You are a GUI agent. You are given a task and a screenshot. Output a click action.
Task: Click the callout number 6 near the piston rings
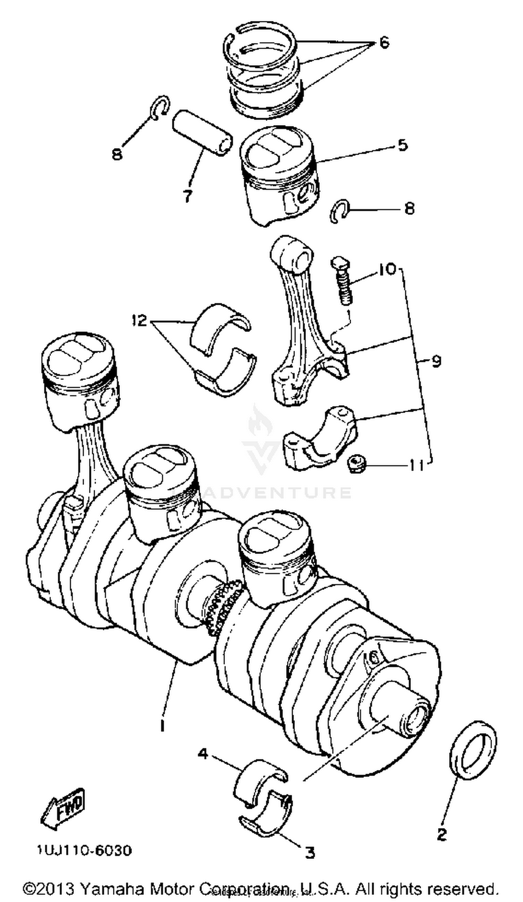coord(384,43)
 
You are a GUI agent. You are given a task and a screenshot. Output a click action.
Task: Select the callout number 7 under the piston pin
coord(187,196)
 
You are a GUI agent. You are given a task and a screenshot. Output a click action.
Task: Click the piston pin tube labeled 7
coord(202,133)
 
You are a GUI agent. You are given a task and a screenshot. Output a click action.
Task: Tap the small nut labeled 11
coord(355,464)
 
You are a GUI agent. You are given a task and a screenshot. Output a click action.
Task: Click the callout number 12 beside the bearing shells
coord(139,320)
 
